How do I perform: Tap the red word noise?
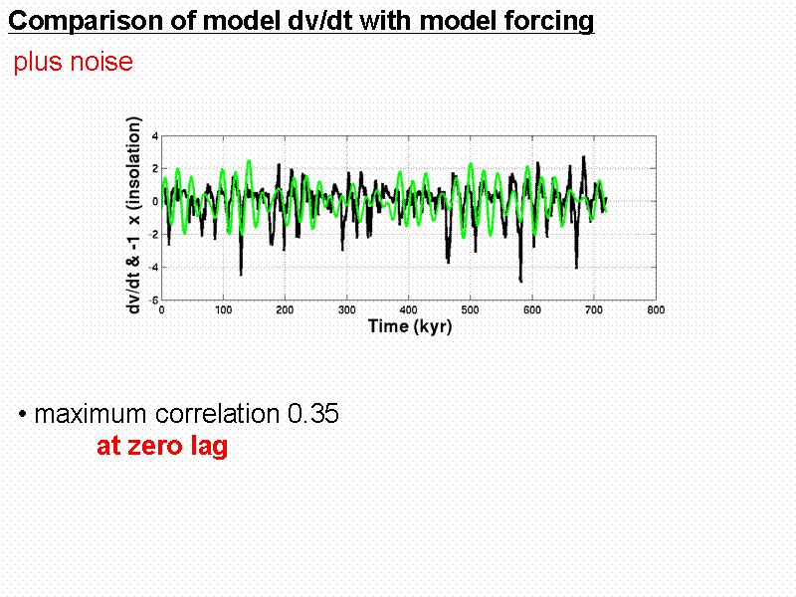click(99, 62)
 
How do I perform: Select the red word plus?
click(35, 62)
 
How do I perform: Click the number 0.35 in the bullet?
click(312, 415)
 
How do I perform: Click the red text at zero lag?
click(162, 447)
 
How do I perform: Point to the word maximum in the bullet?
click(90, 415)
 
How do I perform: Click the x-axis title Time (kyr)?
click(409, 326)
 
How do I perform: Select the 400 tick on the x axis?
click(409, 309)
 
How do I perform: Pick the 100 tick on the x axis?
click(224, 309)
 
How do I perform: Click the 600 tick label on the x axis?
click(531, 309)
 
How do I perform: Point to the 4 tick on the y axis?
click(154, 135)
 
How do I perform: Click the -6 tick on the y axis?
click(153, 299)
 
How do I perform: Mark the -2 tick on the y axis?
click(153, 234)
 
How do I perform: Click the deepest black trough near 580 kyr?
click(520, 281)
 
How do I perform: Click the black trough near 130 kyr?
click(241, 274)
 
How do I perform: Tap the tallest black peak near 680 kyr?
click(584, 157)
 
